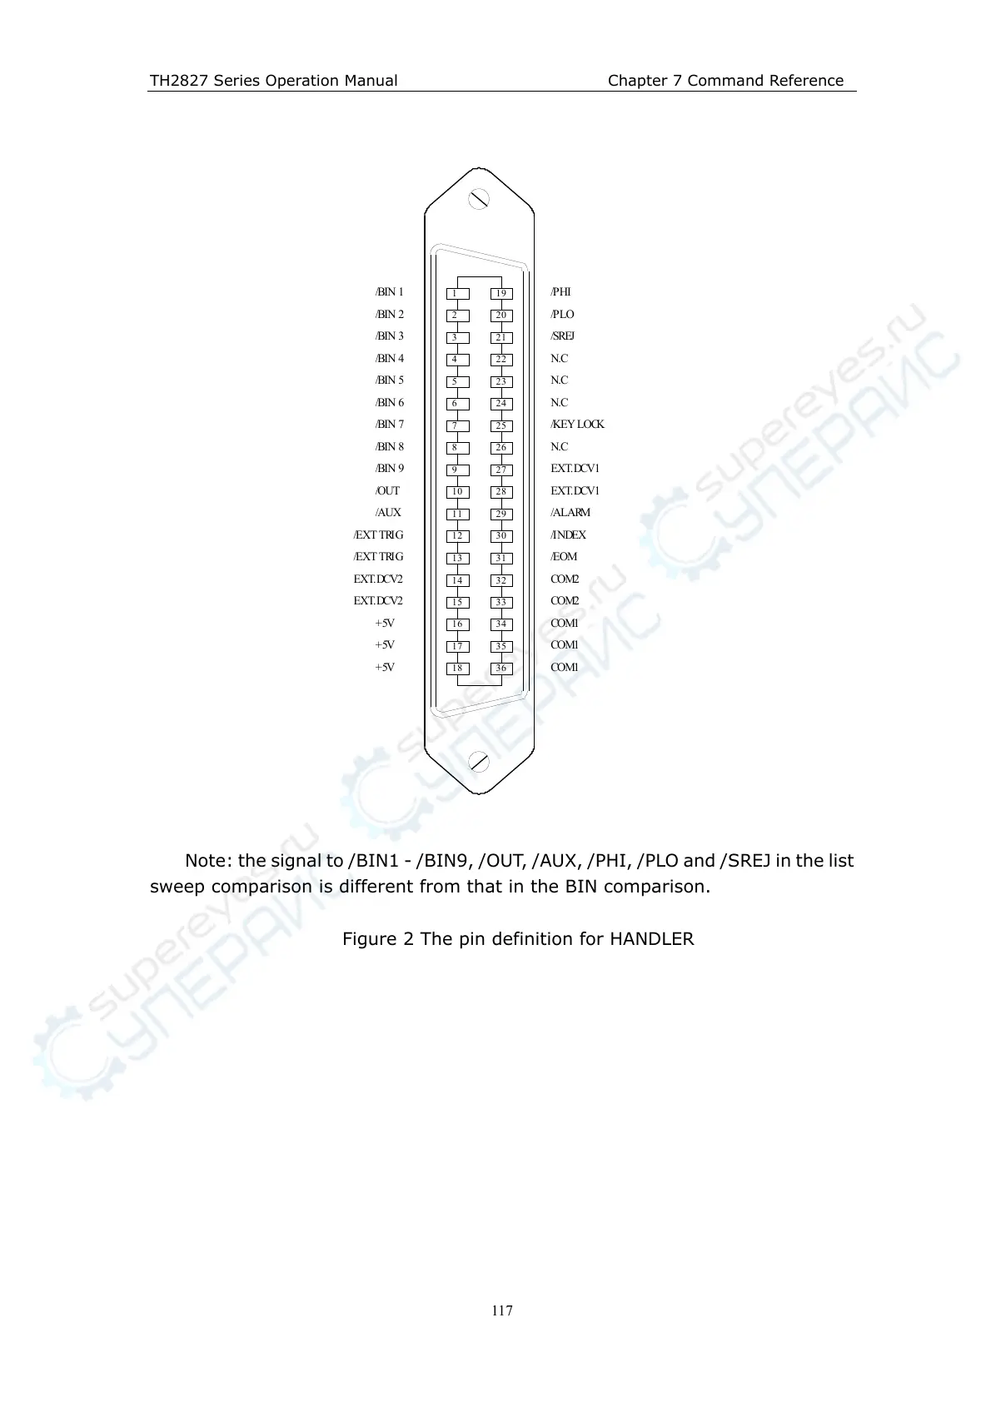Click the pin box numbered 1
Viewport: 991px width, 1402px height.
pos(456,294)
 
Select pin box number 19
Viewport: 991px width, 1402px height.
pos(500,294)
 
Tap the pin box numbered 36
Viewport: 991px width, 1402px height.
pos(500,669)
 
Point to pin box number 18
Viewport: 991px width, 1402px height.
pos(456,669)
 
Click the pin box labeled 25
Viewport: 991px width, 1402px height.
pos(500,426)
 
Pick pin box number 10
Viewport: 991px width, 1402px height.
pos(456,492)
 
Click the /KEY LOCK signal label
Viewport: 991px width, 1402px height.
pos(577,425)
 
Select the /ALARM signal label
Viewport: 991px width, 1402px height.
pos(570,513)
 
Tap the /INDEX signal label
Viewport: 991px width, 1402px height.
pos(568,535)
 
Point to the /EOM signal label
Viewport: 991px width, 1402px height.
pos(564,557)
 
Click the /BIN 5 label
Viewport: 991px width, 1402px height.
pos(389,380)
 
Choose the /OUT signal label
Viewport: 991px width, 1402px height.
pos(387,491)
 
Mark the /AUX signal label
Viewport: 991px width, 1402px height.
pos(388,513)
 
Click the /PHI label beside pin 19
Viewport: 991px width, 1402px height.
pos(560,292)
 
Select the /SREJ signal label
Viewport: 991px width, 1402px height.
pos(562,336)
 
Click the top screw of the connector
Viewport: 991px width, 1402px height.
pos(479,199)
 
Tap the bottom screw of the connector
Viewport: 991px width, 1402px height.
pos(479,761)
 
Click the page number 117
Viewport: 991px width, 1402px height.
pos(502,1311)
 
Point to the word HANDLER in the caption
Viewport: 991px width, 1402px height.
pos(651,940)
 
